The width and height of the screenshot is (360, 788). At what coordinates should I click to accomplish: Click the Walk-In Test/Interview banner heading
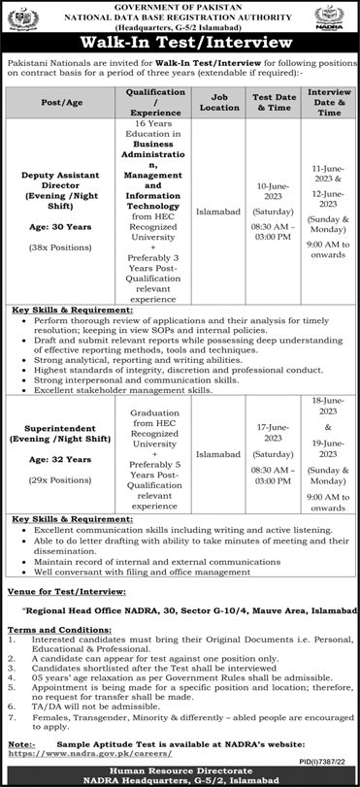[x=180, y=43]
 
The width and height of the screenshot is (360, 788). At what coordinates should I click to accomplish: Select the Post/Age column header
[x=62, y=101]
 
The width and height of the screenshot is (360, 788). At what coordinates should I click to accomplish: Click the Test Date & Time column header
[x=273, y=101]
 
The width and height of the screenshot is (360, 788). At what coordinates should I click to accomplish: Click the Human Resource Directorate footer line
[x=180, y=771]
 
